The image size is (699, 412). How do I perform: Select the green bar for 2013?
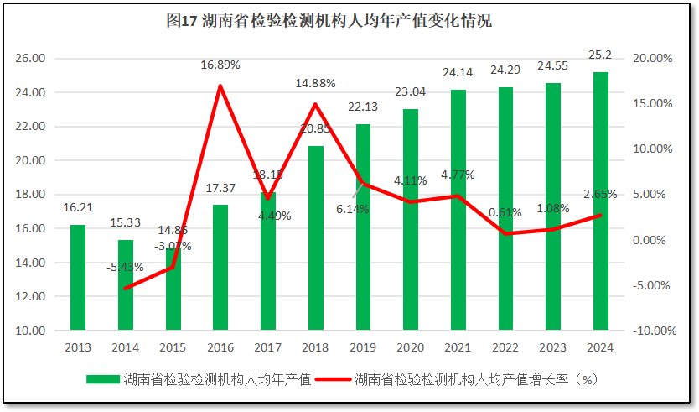(x=77, y=277)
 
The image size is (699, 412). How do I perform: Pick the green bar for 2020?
(x=410, y=220)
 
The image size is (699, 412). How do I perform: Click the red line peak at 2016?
(x=220, y=86)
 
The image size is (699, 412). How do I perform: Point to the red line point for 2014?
(x=125, y=289)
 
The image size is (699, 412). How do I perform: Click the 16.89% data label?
(x=220, y=65)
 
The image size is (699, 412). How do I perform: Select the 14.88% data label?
(x=315, y=83)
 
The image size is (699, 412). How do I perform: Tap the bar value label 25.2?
(x=600, y=55)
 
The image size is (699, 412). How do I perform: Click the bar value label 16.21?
(x=77, y=206)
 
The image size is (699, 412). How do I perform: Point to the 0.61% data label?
(x=505, y=212)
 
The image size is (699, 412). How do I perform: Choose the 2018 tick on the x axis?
(x=315, y=347)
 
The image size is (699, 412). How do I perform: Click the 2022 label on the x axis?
(x=505, y=347)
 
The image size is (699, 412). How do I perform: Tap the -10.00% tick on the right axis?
(x=652, y=331)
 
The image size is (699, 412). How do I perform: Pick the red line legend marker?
(x=333, y=379)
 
